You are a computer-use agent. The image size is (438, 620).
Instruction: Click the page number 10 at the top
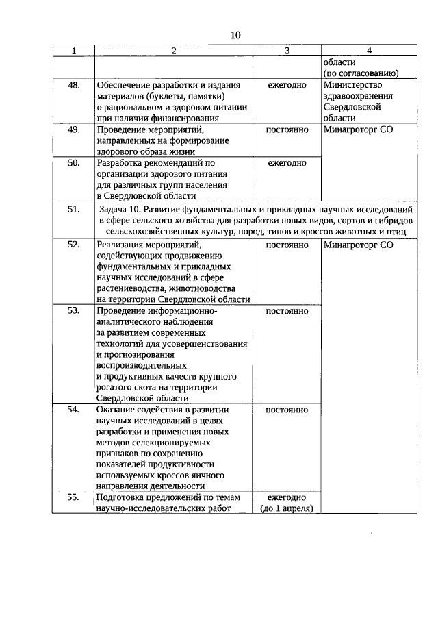tap(235, 35)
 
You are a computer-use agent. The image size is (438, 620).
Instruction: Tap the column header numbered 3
tap(287, 51)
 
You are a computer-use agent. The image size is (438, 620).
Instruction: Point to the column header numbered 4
tap(369, 51)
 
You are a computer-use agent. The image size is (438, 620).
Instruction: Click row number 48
tap(73, 85)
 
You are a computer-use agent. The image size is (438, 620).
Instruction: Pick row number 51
tap(73, 210)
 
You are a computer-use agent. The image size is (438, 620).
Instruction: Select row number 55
tap(73, 498)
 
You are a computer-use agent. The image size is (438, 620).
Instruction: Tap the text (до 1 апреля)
tap(287, 508)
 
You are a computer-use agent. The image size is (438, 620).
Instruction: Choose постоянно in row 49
tap(287, 129)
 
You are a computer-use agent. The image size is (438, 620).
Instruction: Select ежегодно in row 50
tap(287, 163)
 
